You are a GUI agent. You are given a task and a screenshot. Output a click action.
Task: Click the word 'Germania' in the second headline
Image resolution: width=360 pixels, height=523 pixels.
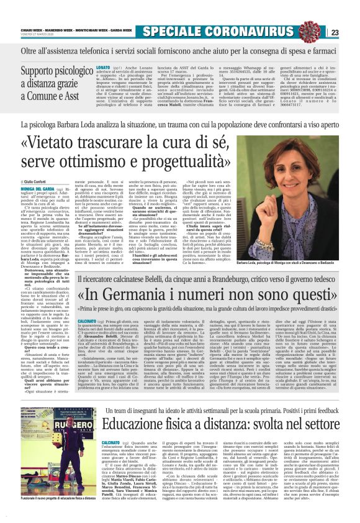(x=143, y=275)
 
